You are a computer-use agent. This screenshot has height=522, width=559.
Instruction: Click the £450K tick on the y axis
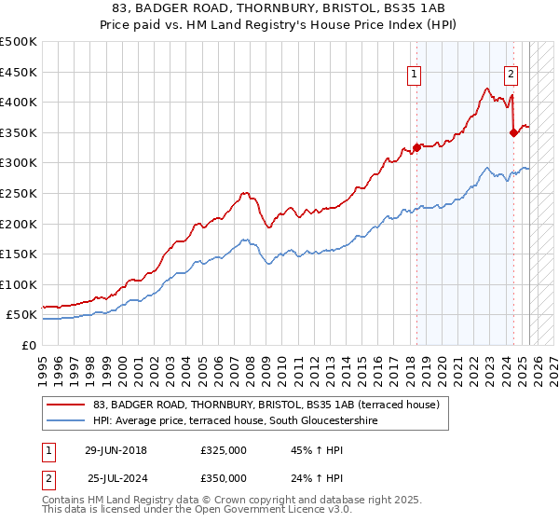click(x=19, y=72)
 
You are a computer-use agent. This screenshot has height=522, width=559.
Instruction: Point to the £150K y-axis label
click(x=19, y=254)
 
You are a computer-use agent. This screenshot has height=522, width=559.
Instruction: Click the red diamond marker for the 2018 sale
click(x=416, y=147)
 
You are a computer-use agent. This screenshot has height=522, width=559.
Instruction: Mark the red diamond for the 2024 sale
click(x=513, y=132)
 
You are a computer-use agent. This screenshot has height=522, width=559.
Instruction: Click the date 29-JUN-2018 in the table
click(x=116, y=450)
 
